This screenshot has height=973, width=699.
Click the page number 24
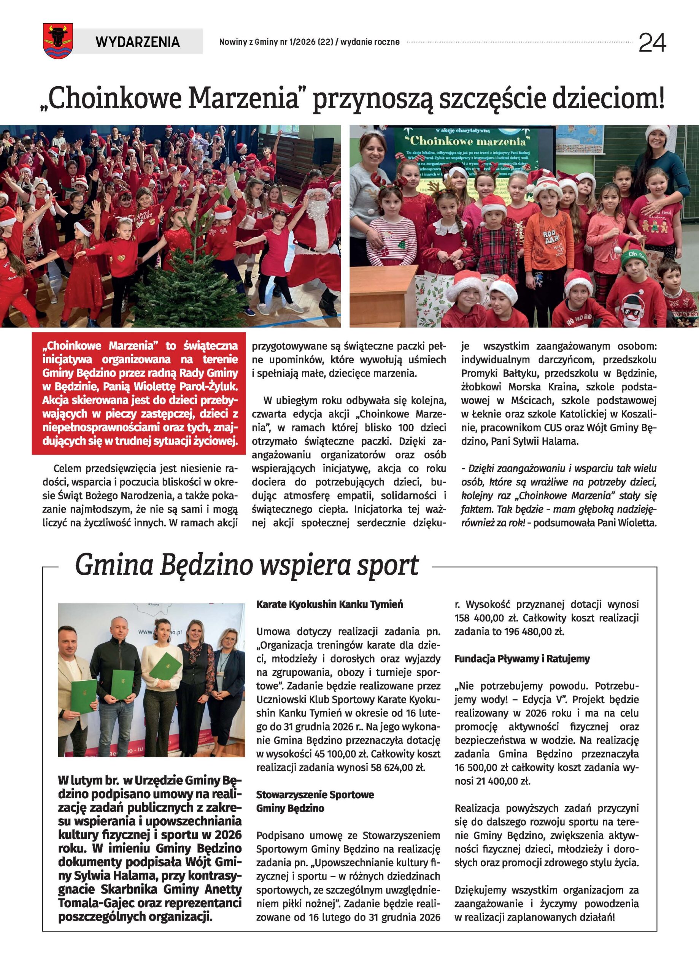tap(652, 43)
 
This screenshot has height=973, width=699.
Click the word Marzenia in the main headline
tap(243, 98)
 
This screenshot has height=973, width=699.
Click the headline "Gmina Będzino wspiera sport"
tap(246, 565)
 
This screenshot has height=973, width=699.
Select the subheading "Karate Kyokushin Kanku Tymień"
tap(329, 604)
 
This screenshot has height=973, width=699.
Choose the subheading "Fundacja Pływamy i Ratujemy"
tap(522, 659)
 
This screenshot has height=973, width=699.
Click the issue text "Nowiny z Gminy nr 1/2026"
tap(268, 42)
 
